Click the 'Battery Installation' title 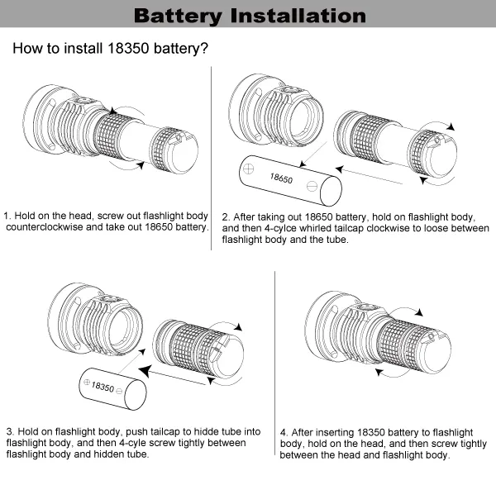click(x=248, y=16)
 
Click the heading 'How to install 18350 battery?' click(x=110, y=49)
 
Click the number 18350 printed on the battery click(x=103, y=386)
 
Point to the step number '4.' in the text click(x=284, y=431)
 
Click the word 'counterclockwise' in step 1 click(x=47, y=226)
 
